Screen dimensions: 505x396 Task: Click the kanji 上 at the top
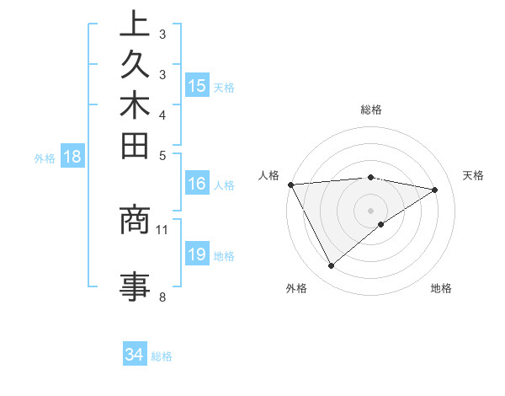pyautogui.click(x=135, y=24)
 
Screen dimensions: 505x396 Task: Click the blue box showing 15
pyautogui.click(x=197, y=85)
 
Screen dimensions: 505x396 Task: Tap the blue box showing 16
pyautogui.click(x=197, y=184)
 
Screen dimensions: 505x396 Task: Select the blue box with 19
pyautogui.click(x=197, y=254)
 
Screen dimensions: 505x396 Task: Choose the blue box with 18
pyautogui.click(x=72, y=156)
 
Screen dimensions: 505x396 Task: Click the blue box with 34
pyautogui.click(x=134, y=355)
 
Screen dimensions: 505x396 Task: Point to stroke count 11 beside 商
pyautogui.click(x=162, y=229)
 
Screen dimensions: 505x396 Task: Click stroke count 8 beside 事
pyautogui.click(x=162, y=297)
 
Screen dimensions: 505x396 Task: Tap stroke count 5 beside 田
pyautogui.click(x=162, y=155)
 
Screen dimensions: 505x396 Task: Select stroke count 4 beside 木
pyautogui.click(x=162, y=115)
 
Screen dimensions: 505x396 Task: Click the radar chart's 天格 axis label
pyautogui.click(x=473, y=175)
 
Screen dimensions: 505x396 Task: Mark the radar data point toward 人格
pyautogui.click(x=290, y=184)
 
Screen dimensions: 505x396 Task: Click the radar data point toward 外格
pyautogui.click(x=331, y=266)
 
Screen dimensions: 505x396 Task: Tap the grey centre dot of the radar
pyautogui.click(x=370, y=210)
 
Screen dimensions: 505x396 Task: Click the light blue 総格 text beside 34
pyautogui.click(x=162, y=356)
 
